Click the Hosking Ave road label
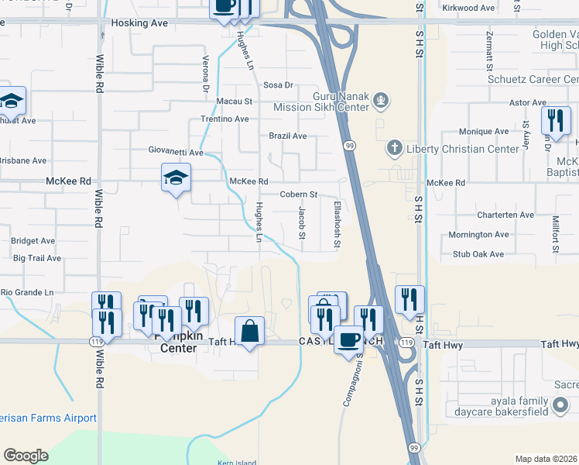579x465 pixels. pyautogui.click(x=139, y=24)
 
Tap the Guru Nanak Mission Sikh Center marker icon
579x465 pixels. pyautogui.click(x=380, y=99)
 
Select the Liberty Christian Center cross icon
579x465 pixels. pyautogui.click(x=394, y=148)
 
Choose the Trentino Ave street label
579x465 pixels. pyautogui.click(x=224, y=119)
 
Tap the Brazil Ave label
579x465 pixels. pyautogui.click(x=288, y=136)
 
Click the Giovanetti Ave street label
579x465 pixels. pyautogui.click(x=176, y=152)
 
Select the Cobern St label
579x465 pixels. pyautogui.click(x=299, y=195)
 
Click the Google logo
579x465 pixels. pyautogui.click(x=26, y=456)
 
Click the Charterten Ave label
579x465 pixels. pyautogui.click(x=506, y=215)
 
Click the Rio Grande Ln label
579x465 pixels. pyautogui.click(x=26, y=292)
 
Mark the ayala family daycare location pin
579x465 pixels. pyautogui.click(x=562, y=405)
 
